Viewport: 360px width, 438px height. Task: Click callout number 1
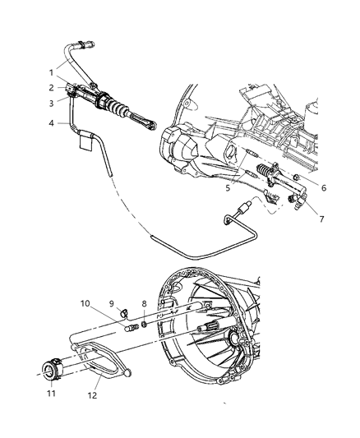tap(50, 71)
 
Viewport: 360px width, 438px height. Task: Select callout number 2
tap(50, 87)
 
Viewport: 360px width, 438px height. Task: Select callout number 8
tap(145, 302)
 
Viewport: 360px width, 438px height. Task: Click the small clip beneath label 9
tap(122, 313)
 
